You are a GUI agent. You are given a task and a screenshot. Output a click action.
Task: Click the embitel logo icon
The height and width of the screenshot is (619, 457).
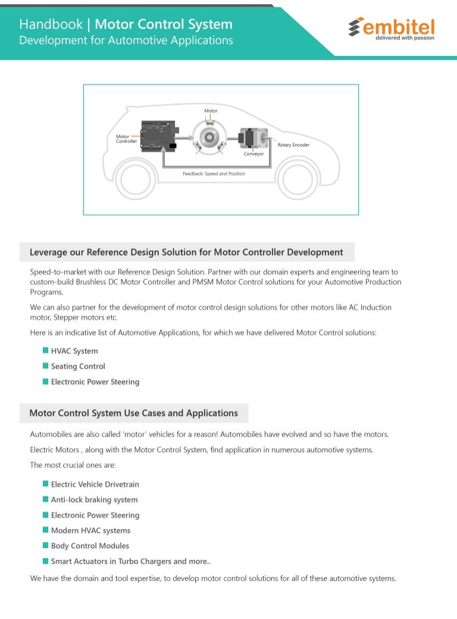tap(356, 27)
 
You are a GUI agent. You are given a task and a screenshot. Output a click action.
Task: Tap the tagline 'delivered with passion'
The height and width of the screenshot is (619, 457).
tap(405, 38)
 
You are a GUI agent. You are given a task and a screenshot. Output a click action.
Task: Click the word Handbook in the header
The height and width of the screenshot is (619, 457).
tap(51, 24)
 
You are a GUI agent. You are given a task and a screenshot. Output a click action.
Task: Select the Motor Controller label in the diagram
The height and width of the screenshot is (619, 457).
tap(126, 139)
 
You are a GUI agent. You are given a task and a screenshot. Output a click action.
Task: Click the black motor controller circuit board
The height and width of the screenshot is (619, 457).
tap(158, 136)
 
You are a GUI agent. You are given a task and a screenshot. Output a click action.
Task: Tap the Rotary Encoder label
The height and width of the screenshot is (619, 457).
tap(293, 145)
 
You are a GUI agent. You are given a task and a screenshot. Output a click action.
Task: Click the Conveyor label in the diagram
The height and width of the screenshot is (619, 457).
tap(253, 154)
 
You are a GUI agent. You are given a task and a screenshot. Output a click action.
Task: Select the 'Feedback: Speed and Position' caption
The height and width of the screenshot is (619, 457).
tap(214, 174)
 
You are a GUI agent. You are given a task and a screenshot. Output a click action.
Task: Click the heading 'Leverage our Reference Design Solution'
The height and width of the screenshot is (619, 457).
tap(186, 252)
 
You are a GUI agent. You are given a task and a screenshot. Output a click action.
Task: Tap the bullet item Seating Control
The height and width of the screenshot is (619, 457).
tap(78, 366)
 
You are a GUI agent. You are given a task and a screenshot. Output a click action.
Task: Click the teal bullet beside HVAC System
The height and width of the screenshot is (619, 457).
tap(45, 351)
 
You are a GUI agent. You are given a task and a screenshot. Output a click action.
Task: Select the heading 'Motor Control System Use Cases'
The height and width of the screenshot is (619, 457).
tap(133, 413)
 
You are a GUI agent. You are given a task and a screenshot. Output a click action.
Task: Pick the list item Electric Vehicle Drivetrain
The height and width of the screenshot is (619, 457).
tap(95, 484)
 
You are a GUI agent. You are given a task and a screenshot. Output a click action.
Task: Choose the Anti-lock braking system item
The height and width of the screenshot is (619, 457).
tap(94, 500)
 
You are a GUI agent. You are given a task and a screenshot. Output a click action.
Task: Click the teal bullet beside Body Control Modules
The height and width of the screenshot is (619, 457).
tap(45, 545)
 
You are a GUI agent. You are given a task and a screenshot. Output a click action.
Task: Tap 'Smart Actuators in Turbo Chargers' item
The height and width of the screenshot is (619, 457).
tap(130, 561)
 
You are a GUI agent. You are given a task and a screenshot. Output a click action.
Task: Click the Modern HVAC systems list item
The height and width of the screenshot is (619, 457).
tap(90, 530)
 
